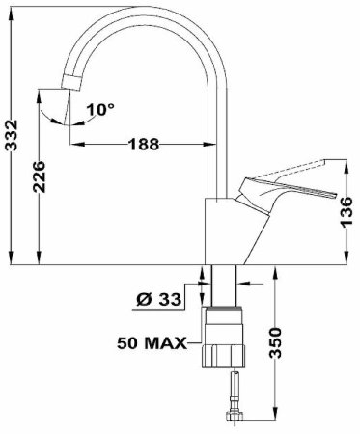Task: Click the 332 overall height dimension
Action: pyautogui.click(x=12, y=135)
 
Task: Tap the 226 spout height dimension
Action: pyautogui.click(x=40, y=176)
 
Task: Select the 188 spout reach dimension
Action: pyautogui.click(x=144, y=145)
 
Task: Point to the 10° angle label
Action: pyautogui.click(x=100, y=109)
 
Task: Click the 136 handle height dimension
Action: pyautogui.click(x=347, y=212)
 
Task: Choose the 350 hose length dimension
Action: pyautogui.click(x=275, y=343)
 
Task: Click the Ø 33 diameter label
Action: pyautogui.click(x=159, y=300)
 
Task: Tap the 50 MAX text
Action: pyautogui.click(x=152, y=343)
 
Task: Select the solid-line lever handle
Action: pyautogui.click(x=283, y=193)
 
